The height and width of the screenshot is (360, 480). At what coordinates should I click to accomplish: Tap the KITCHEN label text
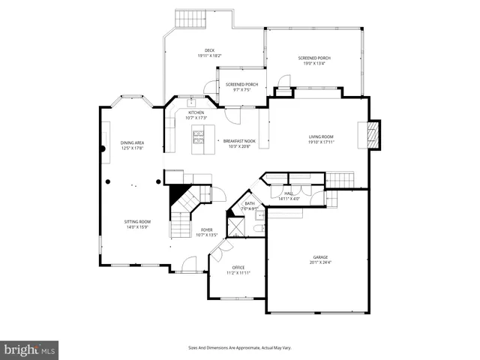click(x=196, y=113)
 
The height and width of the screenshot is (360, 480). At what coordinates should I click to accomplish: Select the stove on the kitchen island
click(x=199, y=136)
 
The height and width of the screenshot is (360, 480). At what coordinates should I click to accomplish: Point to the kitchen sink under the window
click(x=191, y=103)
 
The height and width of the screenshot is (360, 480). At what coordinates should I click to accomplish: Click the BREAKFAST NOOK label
click(x=238, y=140)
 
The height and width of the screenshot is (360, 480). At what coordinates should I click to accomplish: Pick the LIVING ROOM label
click(x=320, y=136)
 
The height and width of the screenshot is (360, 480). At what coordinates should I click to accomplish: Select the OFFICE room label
click(x=238, y=267)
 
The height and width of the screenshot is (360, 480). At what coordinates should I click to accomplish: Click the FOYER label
click(x=206, y=229)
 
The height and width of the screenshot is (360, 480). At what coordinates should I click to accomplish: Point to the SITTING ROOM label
click(x=137, y=222)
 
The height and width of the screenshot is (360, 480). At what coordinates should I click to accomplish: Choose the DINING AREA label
click(x=132, y=142)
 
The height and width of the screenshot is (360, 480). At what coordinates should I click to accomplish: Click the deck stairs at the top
click(x=189, y=18)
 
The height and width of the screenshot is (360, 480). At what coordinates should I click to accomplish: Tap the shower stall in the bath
click(x=237, y=226)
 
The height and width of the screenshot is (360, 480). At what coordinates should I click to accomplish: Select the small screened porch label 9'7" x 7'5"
click(x=241, y=91)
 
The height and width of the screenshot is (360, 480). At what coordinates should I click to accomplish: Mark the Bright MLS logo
click(x=30, y=349)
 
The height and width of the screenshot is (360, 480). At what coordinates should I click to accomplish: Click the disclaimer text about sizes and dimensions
click(x=239, y=347)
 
